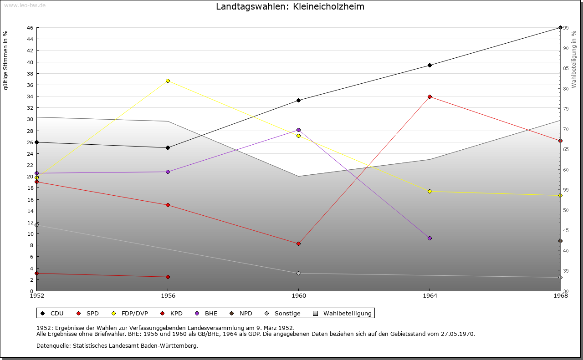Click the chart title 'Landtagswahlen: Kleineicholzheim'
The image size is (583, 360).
click(x=290, y=7)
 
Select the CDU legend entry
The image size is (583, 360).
click(x=52, y=313)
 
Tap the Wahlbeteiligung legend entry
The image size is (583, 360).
click(x=343, y=313)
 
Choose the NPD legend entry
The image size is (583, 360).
click(x=241, y=313)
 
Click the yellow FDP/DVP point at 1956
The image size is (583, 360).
click(x=168, y=81)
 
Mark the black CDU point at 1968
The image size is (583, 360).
click(x=560, y=28)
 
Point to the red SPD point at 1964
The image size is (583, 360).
click(x=430, y=96)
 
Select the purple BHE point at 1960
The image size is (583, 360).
click(x=298, y=130)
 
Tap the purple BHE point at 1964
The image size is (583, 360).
click(x=430, y=238)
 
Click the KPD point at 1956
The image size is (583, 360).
click(x=168, y=277)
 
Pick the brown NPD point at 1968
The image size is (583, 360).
click(x=560, y=241)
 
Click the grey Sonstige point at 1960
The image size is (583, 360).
click(x=298, y=273)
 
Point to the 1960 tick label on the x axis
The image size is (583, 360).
click(x=298, y=296)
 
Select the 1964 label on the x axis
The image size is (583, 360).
click(x=430, y=296)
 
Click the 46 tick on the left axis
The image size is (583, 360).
click(x=29, y=28)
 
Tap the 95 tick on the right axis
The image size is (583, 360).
click(x=566, y=28)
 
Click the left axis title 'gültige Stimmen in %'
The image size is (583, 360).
click(x=6, y=60)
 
